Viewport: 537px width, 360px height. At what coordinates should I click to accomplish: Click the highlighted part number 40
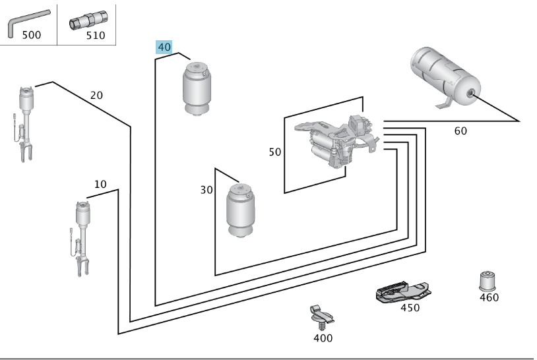tap(164, 47)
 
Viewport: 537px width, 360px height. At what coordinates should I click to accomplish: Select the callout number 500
tap(31, 35)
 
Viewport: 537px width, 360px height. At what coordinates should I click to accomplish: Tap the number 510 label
tap(95, 35)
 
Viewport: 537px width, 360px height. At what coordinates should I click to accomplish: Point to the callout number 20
tap(96, 95)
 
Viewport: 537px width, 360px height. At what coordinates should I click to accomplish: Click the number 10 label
tap(100, 185)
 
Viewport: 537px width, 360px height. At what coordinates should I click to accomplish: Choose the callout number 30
tap(206, 190)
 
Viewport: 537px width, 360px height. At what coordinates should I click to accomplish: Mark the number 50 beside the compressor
tap(274, 152)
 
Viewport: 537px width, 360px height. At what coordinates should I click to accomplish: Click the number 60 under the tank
tap(460, 131)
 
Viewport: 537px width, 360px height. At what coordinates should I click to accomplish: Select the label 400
tap(323, 338)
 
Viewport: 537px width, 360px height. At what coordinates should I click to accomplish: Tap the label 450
tap(410, 308)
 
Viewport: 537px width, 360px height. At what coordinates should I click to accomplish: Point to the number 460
tap(489, 297)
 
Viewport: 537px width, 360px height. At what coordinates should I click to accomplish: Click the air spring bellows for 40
tap(197, 89)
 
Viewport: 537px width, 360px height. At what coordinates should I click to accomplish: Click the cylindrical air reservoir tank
tap(445, 77)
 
